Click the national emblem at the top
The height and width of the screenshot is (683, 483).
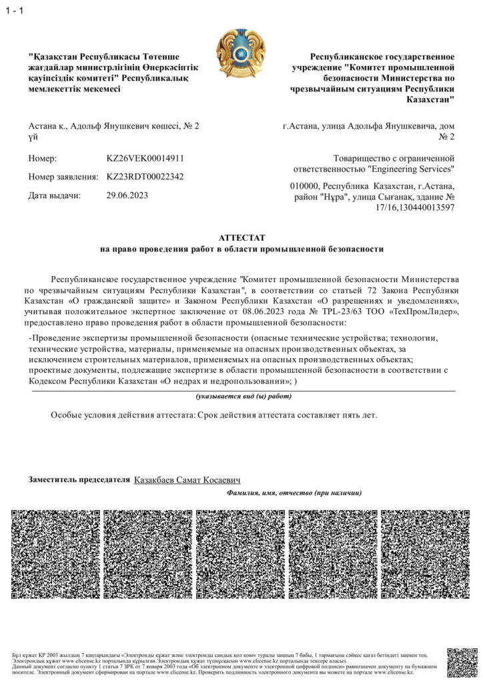pyautogui.click(x=241, y=51)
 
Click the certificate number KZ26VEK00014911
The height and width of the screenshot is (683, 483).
pyautogui.click(x=145, y=159)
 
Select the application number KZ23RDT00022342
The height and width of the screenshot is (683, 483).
pyautogui.click(x=145, y=177)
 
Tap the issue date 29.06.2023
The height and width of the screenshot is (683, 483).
pyautogui.click(x=127, y=195)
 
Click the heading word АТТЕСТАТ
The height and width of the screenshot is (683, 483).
pyautogui.click(x=241, y=237)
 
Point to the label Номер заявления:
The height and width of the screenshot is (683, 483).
pyautogui.click(x=62, y=177)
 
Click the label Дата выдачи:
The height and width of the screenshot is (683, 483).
pyautogui.click(x=54, y=195)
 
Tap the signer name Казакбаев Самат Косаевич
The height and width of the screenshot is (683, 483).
pyautogui.click(x=187, y=480)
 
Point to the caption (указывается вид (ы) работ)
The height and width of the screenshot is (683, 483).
pyautogui.click(x=244, y=396)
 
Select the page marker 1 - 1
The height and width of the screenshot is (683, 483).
pyautogui.click(x=14, y=8)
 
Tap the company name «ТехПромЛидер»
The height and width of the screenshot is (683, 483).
pyautogui.click(x=421, y=311)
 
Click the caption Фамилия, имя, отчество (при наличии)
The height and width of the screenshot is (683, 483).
pyautogui.click(x=294, y=493)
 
